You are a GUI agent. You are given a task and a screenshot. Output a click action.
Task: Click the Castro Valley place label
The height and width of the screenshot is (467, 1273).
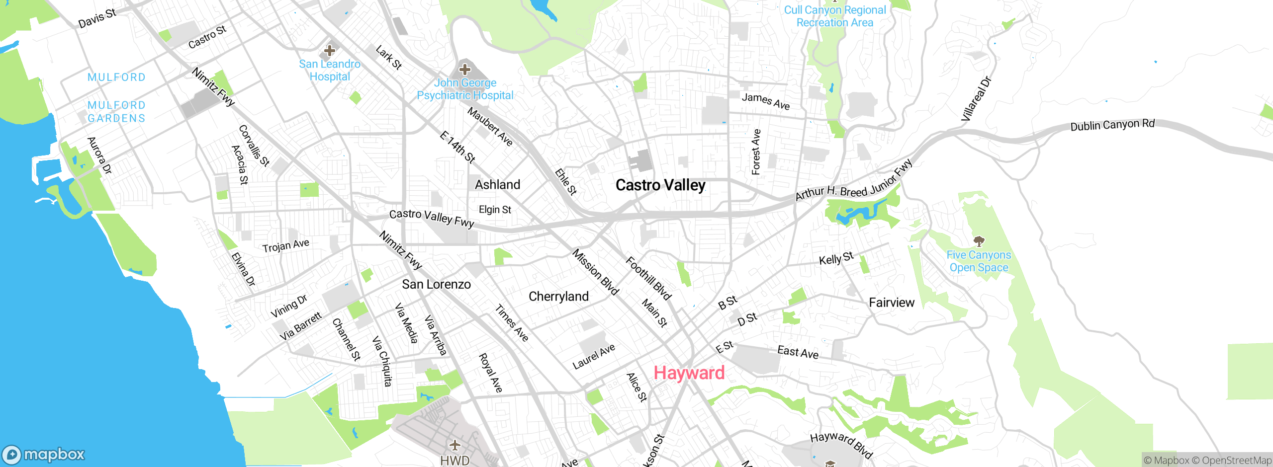tap(660, 185)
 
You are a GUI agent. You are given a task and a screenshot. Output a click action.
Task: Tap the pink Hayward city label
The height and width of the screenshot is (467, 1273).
tap(689, 373)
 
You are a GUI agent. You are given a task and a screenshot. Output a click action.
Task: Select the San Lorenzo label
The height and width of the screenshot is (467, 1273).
tap(436, 284)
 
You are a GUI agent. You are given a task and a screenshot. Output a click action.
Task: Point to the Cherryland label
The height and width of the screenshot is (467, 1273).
tap(558, 297)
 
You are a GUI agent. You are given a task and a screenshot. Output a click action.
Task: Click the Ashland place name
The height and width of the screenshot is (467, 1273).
tap(497, 185)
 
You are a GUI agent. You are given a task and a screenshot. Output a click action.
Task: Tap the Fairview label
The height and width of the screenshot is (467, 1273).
tap(891, 303)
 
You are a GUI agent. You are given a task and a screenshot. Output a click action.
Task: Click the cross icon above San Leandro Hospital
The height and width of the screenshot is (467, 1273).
tap(329, 51)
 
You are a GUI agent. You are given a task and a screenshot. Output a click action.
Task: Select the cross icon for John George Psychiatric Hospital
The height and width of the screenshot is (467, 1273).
tap(465, 70)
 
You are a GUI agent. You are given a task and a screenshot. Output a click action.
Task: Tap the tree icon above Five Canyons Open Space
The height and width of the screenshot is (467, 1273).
tap(979, 242)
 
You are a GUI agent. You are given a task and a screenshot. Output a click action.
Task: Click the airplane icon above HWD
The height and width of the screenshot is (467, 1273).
tap(455, 445)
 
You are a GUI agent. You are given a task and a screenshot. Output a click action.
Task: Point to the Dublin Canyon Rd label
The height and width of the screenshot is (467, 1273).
tap(1112, 125)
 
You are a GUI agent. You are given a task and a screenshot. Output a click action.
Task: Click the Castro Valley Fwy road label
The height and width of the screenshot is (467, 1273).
tap(432, 218)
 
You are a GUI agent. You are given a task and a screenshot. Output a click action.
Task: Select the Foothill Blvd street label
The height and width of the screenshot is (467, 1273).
tap(648, 278)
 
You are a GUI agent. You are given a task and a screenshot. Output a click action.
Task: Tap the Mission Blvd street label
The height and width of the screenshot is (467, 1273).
tap(595, 272)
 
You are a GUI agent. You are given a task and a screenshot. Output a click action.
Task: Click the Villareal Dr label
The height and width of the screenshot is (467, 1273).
tap(976, 99)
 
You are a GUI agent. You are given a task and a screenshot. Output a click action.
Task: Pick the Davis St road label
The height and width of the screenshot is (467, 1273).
tap(97, 18)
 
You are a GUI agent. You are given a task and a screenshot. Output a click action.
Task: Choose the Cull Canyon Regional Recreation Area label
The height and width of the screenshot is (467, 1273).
tap(834, 16)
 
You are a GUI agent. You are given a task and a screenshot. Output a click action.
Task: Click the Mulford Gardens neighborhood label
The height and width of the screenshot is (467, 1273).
tap(116, 112)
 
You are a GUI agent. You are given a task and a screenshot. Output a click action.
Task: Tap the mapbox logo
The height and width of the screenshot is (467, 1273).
tap(44, 454)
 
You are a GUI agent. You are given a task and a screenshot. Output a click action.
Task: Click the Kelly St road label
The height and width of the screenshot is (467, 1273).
tap(836, 258)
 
